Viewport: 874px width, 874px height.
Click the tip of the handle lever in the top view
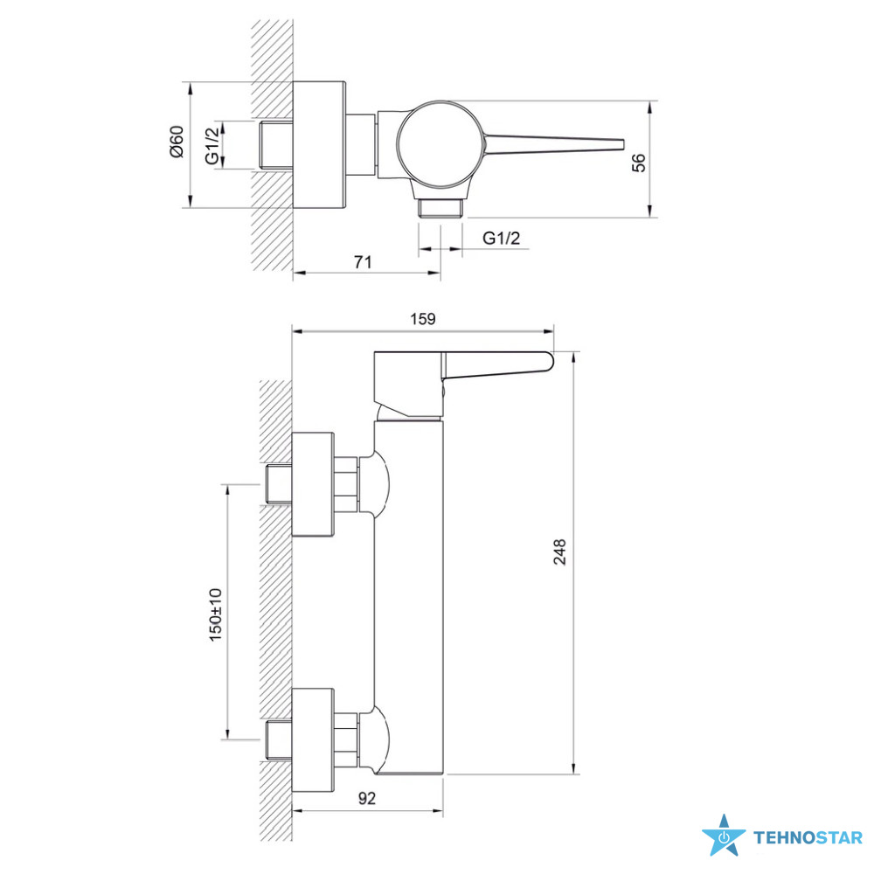tap(623, 145)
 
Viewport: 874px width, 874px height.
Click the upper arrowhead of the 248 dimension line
tap(574, 357)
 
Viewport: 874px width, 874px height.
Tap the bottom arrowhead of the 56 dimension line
tap(650, 212)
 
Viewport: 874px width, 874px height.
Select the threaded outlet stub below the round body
tap(440, 208)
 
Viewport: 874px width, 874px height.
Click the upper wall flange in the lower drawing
tap(313, 484)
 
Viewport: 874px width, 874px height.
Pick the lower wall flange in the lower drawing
tap(313, 739)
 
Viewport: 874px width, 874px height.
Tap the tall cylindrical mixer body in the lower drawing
tap(408, 598)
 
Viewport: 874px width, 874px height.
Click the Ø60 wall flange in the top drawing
tap(319, 145)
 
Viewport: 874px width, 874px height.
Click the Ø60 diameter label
tap(177, 142)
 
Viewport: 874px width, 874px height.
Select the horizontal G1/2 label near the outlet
tap(501, 238)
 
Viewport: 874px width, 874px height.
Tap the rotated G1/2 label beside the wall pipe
tap(212, 146)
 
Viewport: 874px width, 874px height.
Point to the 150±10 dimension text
tap(215, 614)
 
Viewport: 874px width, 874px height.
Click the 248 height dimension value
tap(559, 551)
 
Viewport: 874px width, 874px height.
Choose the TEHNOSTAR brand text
tap(808, 838)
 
